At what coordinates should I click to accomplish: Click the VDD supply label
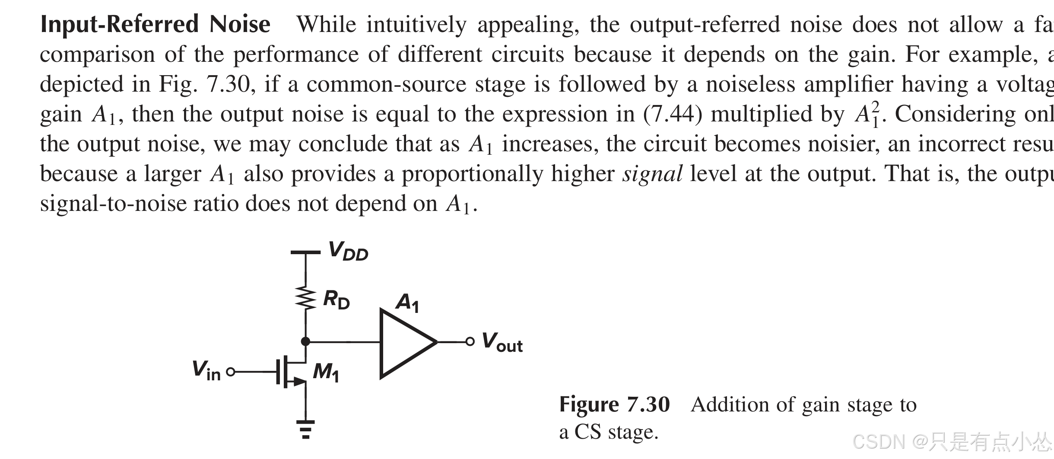(348, 251)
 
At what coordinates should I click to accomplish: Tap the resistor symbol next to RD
(306, 298)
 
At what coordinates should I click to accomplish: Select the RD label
(337, 300)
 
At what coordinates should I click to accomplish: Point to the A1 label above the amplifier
(407, 303)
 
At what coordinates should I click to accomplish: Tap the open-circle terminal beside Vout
(470, 342)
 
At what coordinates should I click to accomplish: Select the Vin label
(206, 371)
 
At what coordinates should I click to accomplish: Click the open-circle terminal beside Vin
(231, 371)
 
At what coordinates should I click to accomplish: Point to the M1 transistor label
(326, 372)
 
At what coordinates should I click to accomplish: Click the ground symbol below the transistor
(306, 428)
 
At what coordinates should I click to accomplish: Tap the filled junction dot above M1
(305, 341)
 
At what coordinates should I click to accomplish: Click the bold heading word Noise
(240, 24)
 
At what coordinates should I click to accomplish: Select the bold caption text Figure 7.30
(614, 405)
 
